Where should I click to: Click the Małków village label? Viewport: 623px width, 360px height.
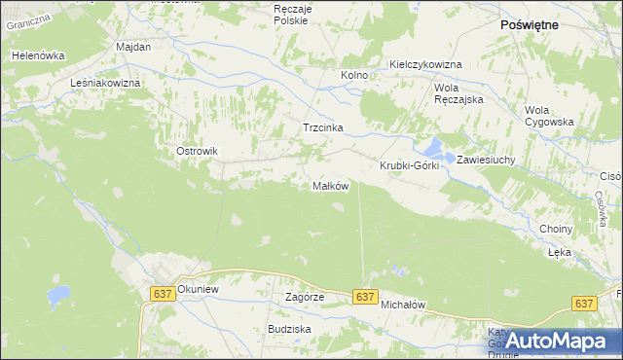click(329, 186)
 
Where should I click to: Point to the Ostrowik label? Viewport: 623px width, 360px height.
click(195, 151)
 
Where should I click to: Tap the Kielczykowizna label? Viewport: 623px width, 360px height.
click(424, 64)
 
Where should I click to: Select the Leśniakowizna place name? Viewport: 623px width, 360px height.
click(106, 84)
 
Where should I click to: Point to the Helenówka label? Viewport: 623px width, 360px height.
click(36, 55)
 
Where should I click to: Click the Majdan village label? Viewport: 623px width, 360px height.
click(132, 47)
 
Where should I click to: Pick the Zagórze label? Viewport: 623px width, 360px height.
click(303, 297)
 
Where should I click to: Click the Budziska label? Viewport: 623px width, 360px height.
click(289, 329)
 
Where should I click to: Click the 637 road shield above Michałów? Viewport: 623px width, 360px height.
click(365, 297)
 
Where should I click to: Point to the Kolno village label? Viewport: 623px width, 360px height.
click(353, 75)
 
